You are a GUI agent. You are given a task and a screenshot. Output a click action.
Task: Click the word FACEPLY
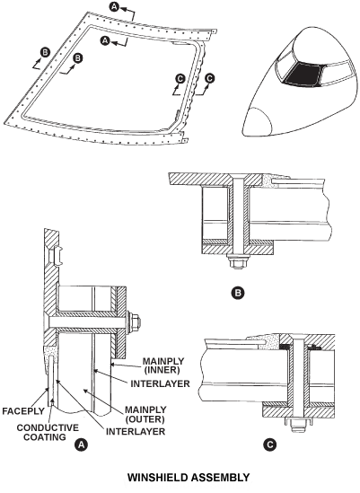tap(23, 411)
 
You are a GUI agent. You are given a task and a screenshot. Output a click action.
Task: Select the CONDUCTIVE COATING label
tap(48, 432)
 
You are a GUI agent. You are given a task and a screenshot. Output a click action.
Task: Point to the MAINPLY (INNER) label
tap(163, 365)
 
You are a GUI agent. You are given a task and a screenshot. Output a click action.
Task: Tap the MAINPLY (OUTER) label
tap(145, 414)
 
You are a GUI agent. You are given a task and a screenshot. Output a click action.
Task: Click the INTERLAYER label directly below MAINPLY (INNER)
tap(161, 383)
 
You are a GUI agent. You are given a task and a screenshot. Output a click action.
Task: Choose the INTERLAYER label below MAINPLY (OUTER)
tap(136, 431)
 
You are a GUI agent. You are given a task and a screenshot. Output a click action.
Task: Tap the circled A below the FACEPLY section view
tap(82, 445)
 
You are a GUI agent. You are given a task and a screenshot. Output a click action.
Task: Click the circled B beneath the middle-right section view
tap(238, 293)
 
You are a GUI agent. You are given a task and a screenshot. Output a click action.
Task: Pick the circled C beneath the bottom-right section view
tap(270, 445)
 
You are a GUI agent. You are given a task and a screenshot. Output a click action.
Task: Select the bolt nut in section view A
tap(135, 321)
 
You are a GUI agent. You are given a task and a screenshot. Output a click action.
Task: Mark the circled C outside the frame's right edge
tap(210, 78)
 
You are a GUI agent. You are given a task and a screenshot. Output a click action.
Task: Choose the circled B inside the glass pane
tap(77, 58)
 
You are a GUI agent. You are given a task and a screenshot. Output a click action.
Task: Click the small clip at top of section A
tap(58, 255)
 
